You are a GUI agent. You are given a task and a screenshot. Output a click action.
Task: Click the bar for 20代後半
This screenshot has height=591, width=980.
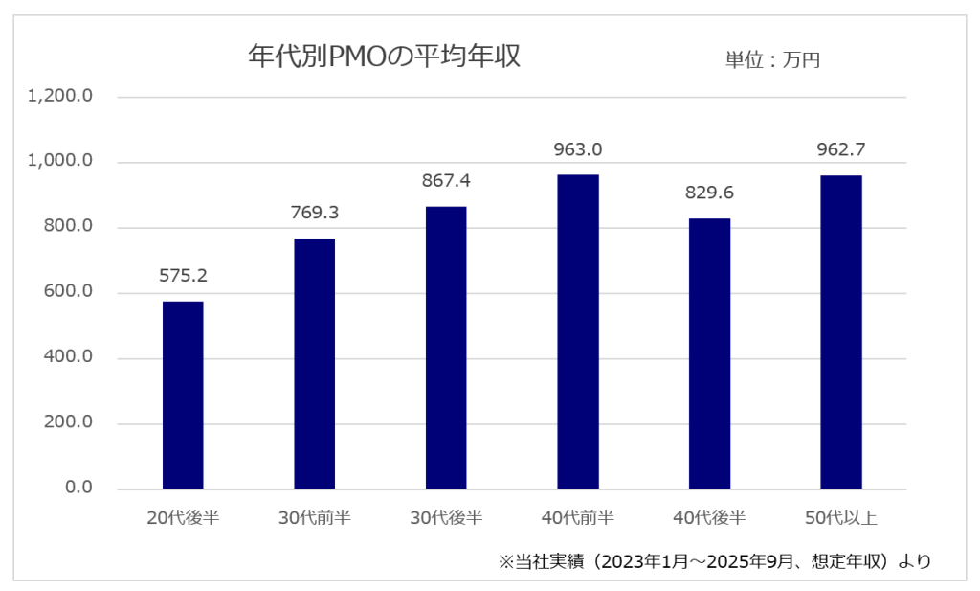[183, 395]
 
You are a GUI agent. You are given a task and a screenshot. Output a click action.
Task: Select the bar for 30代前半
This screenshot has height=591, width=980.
[314, 363]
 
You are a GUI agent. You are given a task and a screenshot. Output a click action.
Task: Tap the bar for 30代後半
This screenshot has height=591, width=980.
[446, 348]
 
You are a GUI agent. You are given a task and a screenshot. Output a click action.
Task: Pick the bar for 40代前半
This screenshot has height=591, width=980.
[577, 331]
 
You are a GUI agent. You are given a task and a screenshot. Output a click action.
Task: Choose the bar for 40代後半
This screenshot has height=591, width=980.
[709, 353]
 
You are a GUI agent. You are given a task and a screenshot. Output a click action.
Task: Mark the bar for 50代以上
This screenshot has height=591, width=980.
[840, 331]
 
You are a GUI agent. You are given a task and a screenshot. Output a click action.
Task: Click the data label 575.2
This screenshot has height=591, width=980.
[183, 277]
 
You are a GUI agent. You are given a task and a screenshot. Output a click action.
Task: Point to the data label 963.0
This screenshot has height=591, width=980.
[577, 150]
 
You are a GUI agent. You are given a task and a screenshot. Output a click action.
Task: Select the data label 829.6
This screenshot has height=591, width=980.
[709, 193]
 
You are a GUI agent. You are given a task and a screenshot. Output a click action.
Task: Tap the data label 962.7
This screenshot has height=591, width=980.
[840, 150]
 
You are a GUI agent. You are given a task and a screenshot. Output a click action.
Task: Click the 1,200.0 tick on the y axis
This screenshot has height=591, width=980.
[60, 97]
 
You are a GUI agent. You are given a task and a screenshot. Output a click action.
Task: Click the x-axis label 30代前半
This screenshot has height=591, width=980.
[314, 518]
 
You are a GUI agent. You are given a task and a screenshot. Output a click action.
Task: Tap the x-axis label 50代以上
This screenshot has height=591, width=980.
[840, 518]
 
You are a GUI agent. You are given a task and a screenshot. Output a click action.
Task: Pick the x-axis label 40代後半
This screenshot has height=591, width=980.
[709, 518]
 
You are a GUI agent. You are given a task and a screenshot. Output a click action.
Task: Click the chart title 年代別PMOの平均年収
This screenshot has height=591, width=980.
[384, 57]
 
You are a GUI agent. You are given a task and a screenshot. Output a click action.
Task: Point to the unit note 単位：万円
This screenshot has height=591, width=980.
[772, 59]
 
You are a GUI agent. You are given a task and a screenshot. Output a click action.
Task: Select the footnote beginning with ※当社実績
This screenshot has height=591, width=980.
[714, 561]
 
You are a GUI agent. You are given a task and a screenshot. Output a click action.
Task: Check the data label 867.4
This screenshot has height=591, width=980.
[446, 181]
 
